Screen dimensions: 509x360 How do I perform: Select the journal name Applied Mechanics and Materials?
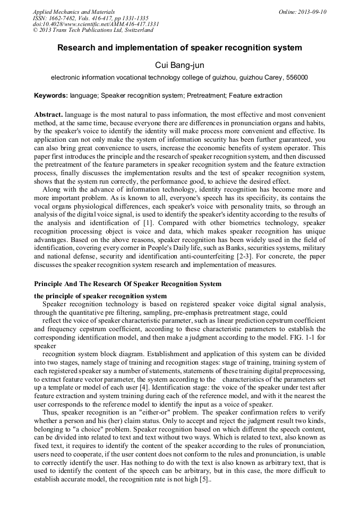coord(73,12)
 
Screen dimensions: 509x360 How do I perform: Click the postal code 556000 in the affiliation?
coord(297,77)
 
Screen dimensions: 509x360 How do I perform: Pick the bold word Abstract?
coord(49,115)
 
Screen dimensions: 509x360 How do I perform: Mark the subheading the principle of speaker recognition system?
coord(100,296)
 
